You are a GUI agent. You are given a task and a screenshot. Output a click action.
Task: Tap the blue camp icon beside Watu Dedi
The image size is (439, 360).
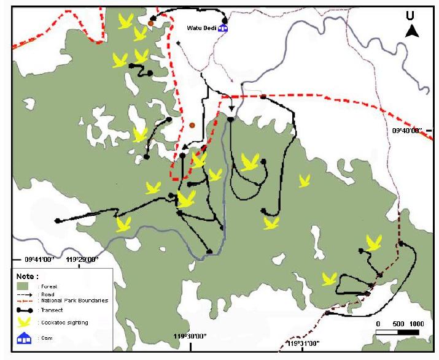[223, 27]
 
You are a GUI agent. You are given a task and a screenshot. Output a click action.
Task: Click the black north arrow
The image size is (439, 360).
[412, 31]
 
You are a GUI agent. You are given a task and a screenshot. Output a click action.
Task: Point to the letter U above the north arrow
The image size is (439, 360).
[410, 16]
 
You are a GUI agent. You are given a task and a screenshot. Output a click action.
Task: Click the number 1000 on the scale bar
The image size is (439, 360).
[417, 324]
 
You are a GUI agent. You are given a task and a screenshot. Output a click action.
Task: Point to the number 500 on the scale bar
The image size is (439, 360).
[398, 324]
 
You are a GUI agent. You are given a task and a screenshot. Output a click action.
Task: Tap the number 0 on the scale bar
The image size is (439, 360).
[378, 324]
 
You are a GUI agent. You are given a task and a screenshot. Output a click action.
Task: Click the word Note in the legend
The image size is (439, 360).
[28, 277]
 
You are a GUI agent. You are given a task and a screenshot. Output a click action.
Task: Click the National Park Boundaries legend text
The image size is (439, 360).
[76, 301]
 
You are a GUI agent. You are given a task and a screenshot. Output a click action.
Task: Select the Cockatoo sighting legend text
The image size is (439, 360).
[64, 323]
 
